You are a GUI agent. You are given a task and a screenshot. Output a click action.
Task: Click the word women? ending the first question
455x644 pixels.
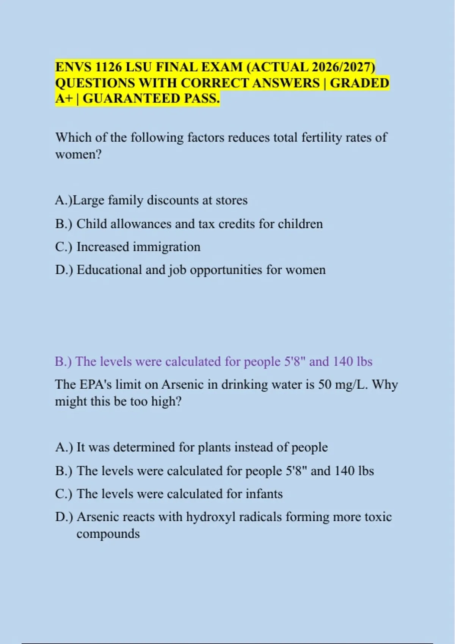pyautogui.click(x=78, y=154)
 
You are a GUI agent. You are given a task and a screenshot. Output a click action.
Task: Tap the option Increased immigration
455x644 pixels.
pyautogui.click(x=138, y=247)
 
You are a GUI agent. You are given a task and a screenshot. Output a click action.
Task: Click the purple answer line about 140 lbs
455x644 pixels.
pyautogui.click(x=213, y=361)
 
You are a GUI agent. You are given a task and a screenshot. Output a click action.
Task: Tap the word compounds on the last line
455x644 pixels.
pyautogui.click(x=108, y=534)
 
